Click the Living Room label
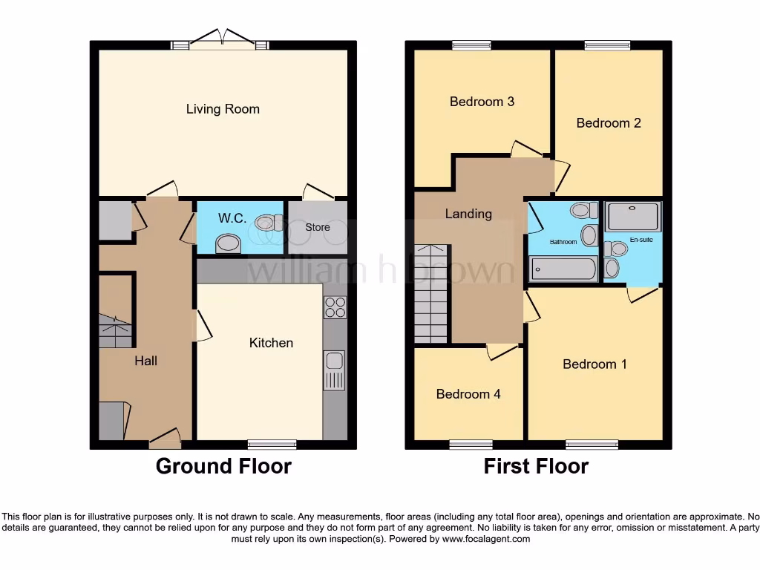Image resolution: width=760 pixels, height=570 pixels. coord(223,109)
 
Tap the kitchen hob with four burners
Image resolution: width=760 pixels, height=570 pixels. coord(335,307)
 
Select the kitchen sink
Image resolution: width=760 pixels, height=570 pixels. coord(334,361)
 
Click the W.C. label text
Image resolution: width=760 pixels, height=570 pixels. coord(232,218)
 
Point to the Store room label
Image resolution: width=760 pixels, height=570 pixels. coord(318,227)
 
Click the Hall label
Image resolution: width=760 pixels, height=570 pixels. coord(145,361)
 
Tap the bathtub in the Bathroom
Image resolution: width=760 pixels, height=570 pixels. coord(564,269)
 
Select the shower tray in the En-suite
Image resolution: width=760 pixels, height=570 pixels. coord(633,217)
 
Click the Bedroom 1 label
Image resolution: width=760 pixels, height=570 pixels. coord(594,364)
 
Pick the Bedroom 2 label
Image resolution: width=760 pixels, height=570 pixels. coord(609,123)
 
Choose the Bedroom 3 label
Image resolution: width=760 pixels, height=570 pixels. coord(482,102)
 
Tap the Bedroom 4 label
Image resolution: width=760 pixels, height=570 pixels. coord(468,394)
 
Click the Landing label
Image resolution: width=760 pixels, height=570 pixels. coord(468,214)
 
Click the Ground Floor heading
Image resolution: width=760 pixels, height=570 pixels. coord(223,466)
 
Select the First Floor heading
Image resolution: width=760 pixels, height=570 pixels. coord(536,466)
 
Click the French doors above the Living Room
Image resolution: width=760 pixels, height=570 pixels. coord(220,42)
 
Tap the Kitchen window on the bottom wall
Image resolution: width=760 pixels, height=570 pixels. coord(272,445)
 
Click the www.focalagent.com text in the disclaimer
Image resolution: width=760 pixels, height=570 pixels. coord(486,539)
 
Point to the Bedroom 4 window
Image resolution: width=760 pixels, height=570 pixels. coord(471,445)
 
